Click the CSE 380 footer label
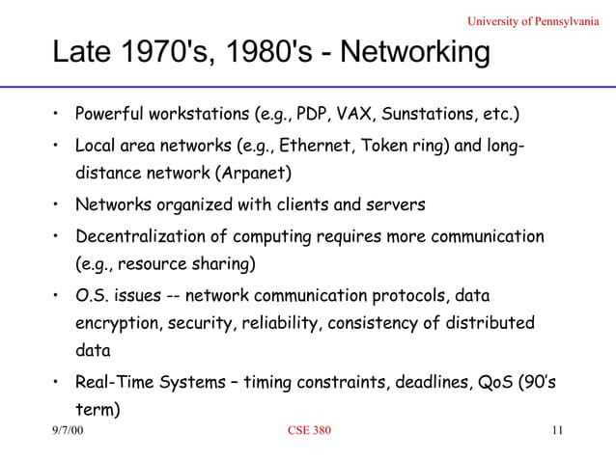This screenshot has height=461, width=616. [310, 431]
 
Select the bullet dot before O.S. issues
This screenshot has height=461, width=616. [58, 295]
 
